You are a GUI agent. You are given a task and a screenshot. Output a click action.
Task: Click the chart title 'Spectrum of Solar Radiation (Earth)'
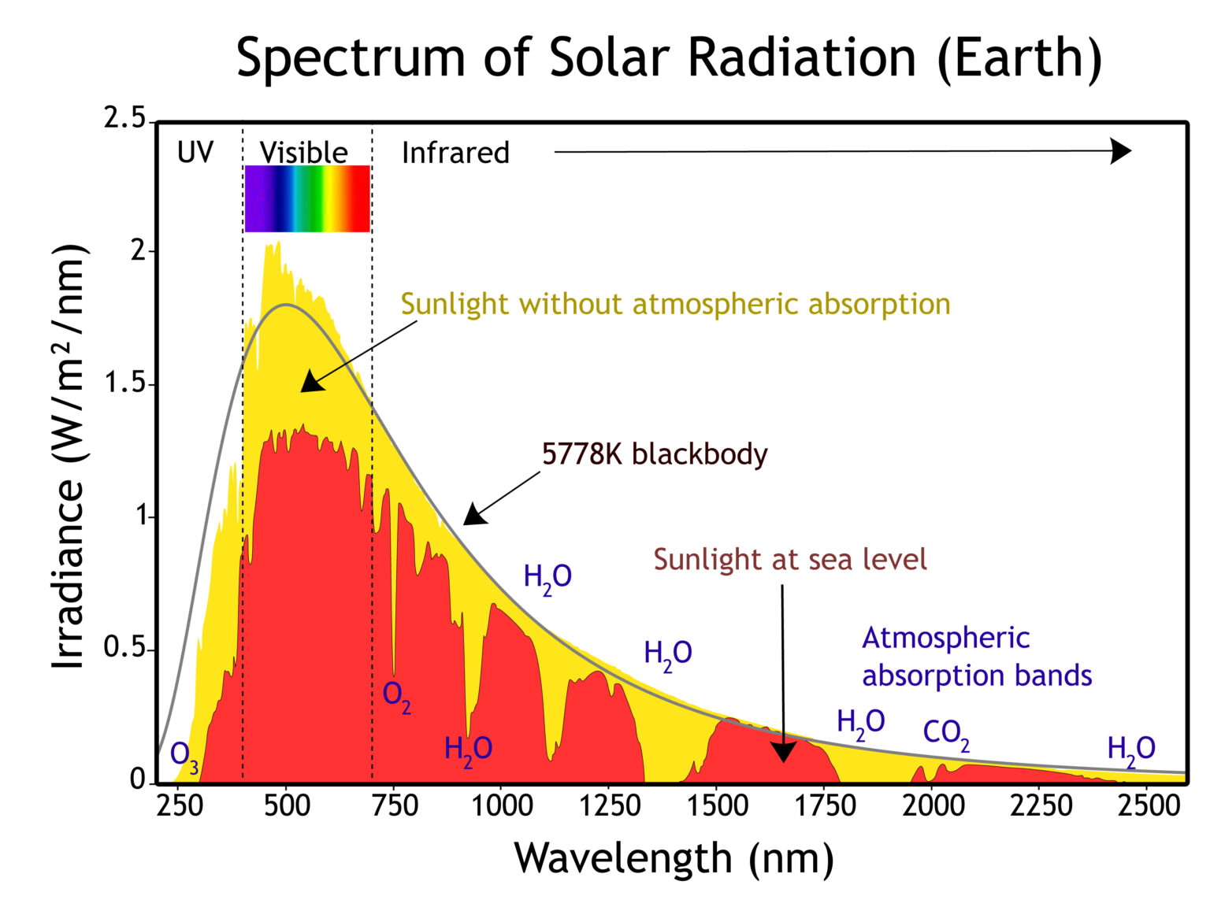coord(669,57)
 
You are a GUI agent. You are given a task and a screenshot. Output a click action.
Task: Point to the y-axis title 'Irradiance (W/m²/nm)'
coord(69,457)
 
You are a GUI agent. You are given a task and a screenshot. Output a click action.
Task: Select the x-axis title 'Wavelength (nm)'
coord(674,857)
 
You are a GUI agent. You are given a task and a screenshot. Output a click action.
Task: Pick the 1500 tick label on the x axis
coord(717,805)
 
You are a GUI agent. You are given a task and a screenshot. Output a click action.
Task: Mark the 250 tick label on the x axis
coord(180,805)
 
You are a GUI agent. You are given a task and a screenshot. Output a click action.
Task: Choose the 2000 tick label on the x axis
coord(933,805)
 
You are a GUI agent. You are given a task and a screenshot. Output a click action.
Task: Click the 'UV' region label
coord(195,152)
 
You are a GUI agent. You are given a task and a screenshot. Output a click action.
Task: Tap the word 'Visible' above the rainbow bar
coord(304,152)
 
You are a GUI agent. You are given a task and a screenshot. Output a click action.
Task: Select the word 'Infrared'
coord(455,152)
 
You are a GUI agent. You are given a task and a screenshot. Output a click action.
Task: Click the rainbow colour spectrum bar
coord(307,198)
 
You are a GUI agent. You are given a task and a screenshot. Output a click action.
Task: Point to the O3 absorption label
coord(184,754)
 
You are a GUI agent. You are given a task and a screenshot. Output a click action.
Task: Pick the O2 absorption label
coord(396,695)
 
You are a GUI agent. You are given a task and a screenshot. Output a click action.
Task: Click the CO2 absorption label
coord(945,734)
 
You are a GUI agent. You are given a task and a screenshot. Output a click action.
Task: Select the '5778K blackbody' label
coord(654,454)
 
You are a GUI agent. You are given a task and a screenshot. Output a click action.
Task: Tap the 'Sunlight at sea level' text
coord(790,559)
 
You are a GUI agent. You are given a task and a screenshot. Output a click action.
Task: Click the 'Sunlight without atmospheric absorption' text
coord(675,304)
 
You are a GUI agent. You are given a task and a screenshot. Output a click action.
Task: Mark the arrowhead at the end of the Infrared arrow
coord(1120,150)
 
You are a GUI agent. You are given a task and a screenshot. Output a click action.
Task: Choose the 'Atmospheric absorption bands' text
coord(976,656)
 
